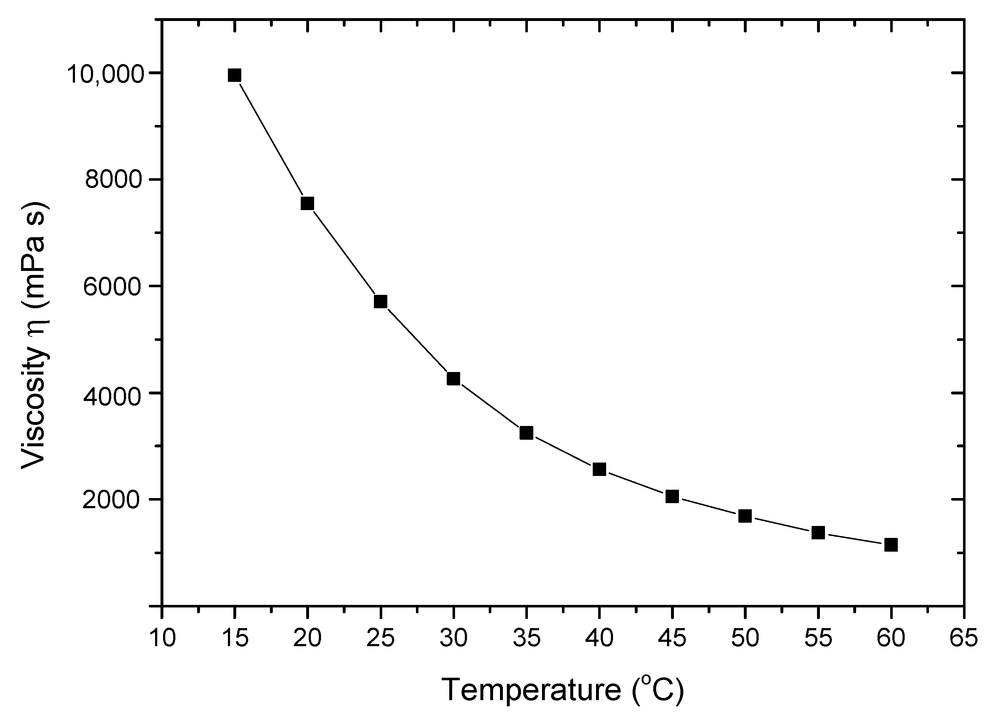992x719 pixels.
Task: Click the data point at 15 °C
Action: pyautogui.click(x=234, y=76)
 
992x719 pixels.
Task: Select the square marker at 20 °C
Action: pyautogui.click(x=308, y=203)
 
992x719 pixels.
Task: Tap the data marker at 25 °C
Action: pyautogui.click(x=380, y=302)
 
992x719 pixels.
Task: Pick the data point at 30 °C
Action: pyautogui.click(x=454, y=379)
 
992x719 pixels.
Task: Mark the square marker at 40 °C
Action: pyautogui.click(x=599, y=470)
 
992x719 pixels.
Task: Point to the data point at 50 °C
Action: pyautogui.click(x=745, y=517)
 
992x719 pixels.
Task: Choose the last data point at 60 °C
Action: pyautogui.click(x=891, y=545)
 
